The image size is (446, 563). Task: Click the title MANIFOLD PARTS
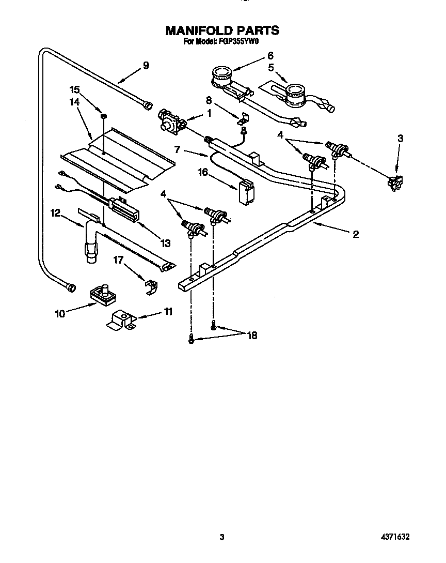(222, 31)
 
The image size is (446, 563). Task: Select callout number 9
(146, 65)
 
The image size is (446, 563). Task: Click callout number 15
(75, 89)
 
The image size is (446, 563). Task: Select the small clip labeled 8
(243, 119)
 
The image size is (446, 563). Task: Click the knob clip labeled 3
(395, 181)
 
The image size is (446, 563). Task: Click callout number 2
(355, 234)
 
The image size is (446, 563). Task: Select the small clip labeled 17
(149, 286)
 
